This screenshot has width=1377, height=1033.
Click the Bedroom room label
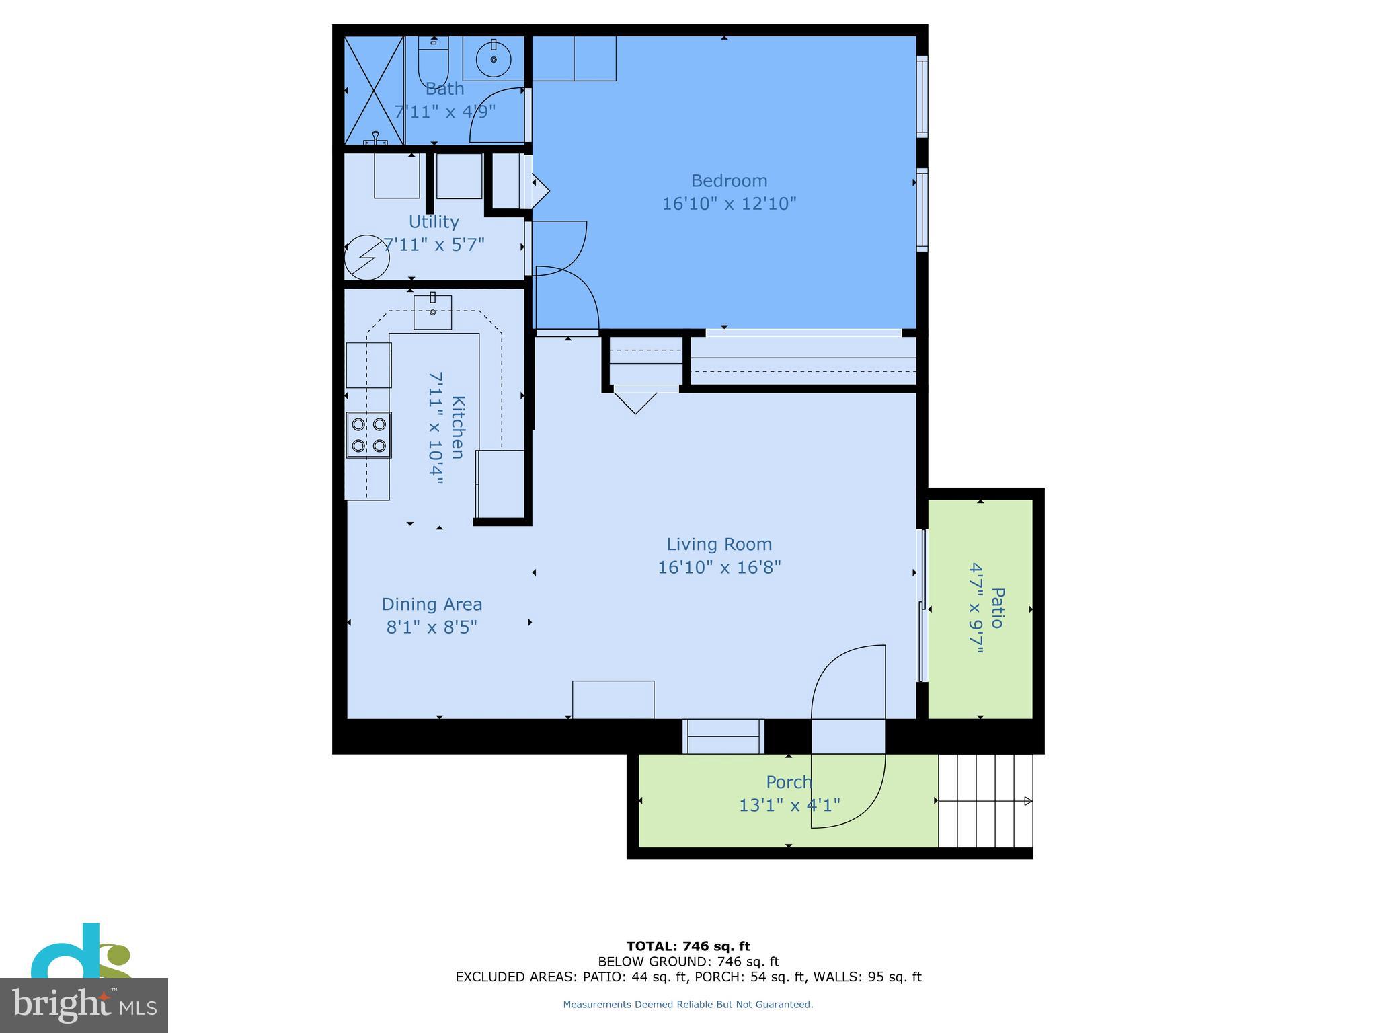729,181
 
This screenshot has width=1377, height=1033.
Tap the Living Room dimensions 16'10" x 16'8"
719,568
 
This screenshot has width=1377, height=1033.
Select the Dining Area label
432,605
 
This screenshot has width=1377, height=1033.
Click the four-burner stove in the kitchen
368,434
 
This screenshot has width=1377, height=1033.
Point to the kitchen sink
432,312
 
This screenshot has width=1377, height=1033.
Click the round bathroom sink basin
494,59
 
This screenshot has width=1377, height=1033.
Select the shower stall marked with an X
374,90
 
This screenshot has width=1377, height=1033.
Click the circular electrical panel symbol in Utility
367,257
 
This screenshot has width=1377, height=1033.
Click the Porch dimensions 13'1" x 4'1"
789,805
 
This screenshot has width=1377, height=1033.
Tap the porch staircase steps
985,800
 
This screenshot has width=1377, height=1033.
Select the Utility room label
434,222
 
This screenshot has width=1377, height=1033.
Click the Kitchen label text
457,427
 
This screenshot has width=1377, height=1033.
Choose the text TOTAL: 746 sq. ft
688,946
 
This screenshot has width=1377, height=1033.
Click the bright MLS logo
84,1005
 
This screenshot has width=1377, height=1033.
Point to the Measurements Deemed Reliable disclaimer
688,1005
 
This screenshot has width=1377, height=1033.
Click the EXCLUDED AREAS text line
688,977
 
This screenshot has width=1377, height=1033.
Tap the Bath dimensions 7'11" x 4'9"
445,112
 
